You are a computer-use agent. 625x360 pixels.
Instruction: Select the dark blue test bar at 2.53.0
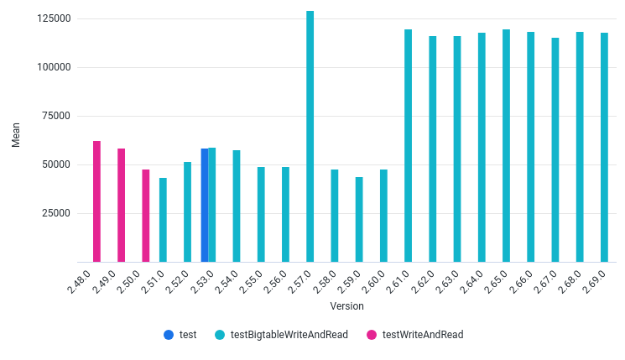click(x=204, y=205)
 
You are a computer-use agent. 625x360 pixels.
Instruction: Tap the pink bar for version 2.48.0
click(x=96, y=201)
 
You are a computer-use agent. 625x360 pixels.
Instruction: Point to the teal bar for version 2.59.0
click(x=359, y=219)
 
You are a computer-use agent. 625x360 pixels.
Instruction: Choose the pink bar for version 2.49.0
click(x=121, y=205)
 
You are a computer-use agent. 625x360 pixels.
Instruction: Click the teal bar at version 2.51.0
click(x=163, y=220)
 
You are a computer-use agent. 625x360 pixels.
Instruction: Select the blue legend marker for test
click(x=169, y=334)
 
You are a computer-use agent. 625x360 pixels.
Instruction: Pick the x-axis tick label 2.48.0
click(x=79, y=280)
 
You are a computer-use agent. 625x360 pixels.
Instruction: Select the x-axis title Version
click(x=346, y=306)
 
